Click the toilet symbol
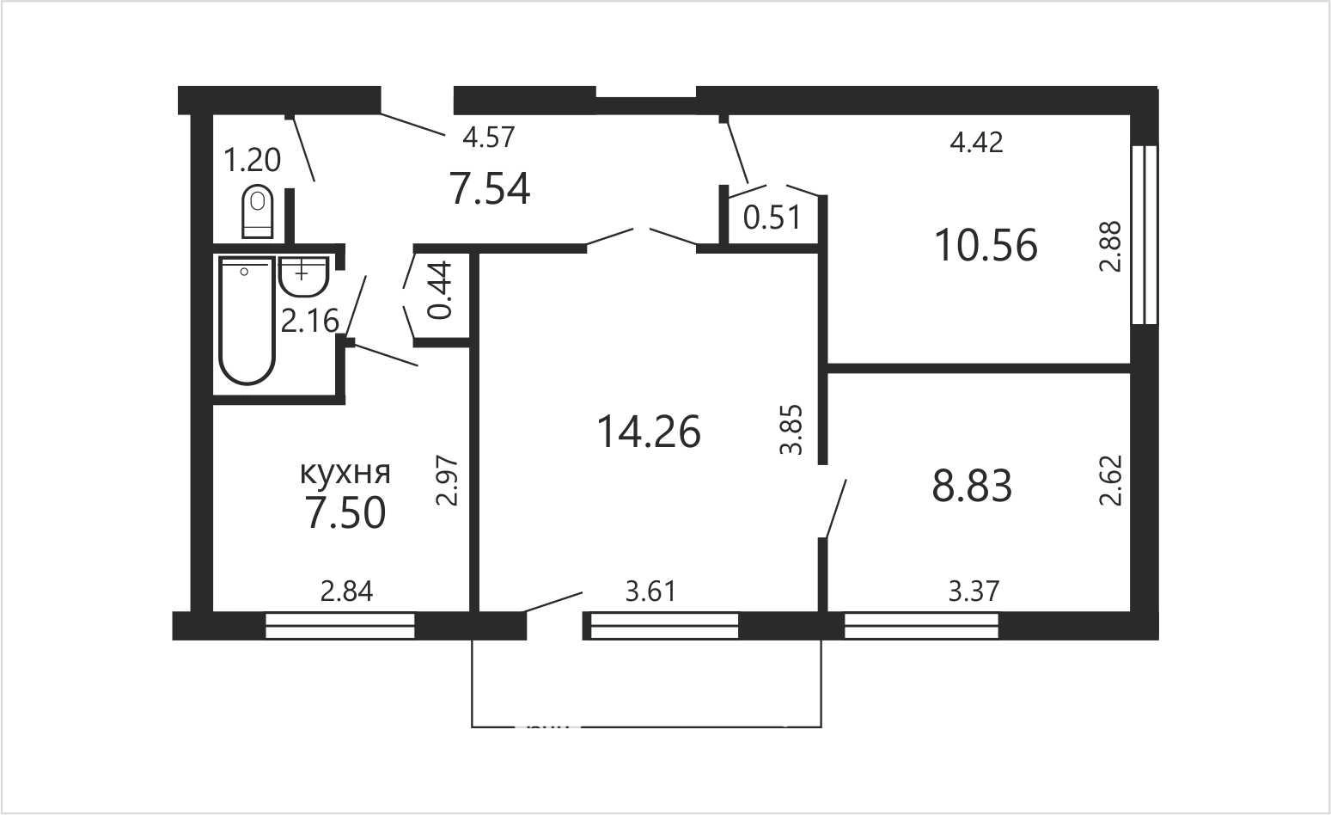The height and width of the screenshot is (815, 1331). click(x=258, y=212)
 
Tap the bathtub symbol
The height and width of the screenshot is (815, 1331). click(x=247, y=320)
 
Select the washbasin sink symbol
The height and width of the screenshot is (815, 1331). click(x=303, y=277)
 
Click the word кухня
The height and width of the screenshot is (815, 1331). click(x=345, y=474)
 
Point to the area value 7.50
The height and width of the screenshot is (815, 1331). click(x=345, y=513)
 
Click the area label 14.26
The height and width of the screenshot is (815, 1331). click(x=648, y=432)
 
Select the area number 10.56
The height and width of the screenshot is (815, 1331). click(x=986, y=245)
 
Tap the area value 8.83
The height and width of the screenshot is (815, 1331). click(x=972, y=486)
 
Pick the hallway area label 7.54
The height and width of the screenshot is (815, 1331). click(x=490, y=188)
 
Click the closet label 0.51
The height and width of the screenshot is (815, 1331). click(x=772, y=218)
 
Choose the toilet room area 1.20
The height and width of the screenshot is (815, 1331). click(x=252, y=161)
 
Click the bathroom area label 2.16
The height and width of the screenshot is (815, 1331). click(x=309, y=321)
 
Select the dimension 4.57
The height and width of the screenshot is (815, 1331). click(x=488, y=138)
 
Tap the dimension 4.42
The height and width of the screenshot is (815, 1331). click(x=977, y=143)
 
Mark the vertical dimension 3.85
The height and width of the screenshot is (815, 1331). click(x=791, y=430)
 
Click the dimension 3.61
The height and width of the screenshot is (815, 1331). click(x=650, y=592)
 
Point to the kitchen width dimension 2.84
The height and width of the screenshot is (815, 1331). click(x=346, y=592)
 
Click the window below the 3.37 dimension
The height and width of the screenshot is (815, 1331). click(x=921, y=626)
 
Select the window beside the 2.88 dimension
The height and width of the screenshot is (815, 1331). click(x=1145, y=235)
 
